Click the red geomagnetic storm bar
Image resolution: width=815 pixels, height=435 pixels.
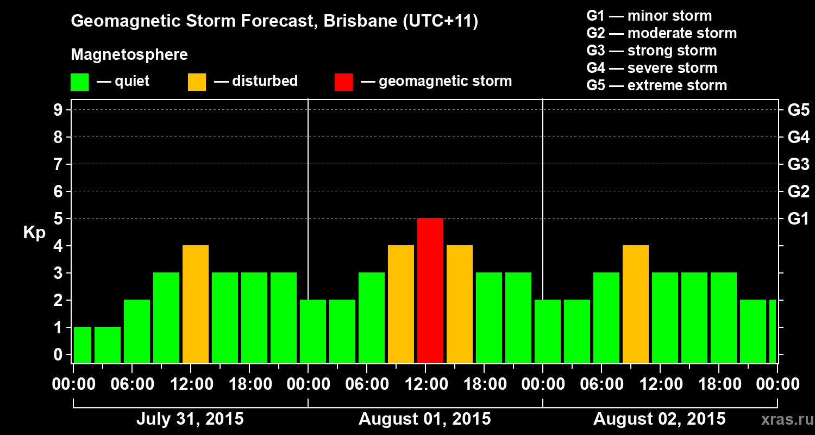[430, 290]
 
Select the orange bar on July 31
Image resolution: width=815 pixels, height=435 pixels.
[196, 304]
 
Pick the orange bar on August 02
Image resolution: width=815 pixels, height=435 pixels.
[636, 304]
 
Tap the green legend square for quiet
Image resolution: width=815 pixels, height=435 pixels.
[79, 82]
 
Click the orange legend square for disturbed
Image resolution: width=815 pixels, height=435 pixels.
[197, 82]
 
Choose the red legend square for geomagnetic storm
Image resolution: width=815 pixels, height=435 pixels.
[344, 82]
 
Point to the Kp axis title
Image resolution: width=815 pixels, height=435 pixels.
[34, 233]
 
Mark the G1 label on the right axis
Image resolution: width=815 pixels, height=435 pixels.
[798, 219]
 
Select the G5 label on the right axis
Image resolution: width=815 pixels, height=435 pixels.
[798, 110]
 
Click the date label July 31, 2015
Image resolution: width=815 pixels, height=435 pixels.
[190, 419]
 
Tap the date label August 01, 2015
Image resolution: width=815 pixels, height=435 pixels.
[424, 419]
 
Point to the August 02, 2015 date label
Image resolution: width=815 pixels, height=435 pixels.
[659, 419]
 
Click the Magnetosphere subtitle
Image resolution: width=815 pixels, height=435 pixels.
[129, 55]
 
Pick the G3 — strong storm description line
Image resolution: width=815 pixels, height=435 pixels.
[651, 51]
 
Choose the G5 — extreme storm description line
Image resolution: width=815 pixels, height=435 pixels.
[656, 85]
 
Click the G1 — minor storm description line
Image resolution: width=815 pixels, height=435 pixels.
[649, 16]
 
